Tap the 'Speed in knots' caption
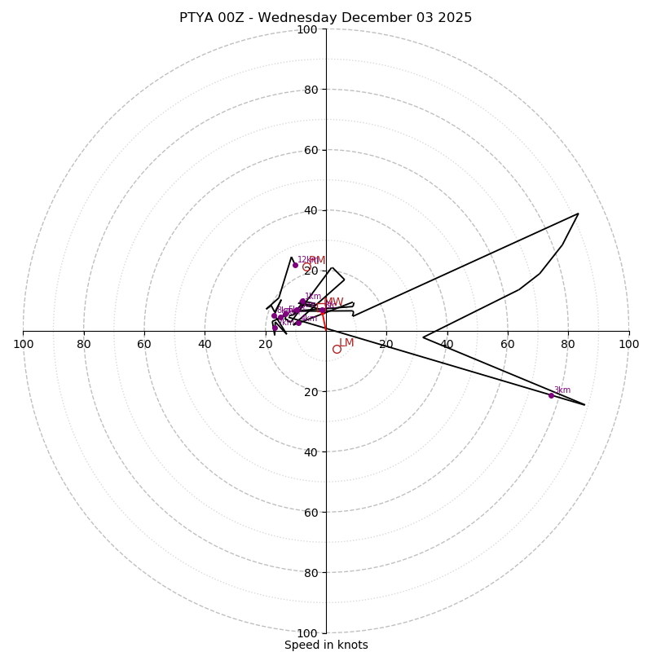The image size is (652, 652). point(326,645)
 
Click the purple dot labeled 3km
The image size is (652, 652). point(551,395)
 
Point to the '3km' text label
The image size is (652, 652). point(562,390)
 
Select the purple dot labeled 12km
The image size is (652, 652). point(295,265)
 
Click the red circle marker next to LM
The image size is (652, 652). point(337,349)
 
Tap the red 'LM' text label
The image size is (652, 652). point(346,343)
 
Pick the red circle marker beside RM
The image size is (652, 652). point(306,267)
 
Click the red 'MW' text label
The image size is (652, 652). point(333,302)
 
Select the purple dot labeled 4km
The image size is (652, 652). point(298,323)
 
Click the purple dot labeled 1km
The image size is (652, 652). point(302,302)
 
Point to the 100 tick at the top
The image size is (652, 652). point(307,29)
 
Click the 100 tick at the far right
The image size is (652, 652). point(628,344)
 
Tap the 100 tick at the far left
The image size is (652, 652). point(24,344)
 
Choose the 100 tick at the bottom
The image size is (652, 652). point(307,633)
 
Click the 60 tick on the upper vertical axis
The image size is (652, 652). point(311,150)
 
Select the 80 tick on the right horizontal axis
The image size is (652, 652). point(568,344)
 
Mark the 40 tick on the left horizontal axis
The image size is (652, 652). point(205,344)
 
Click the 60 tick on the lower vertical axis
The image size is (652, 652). point(311,512)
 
